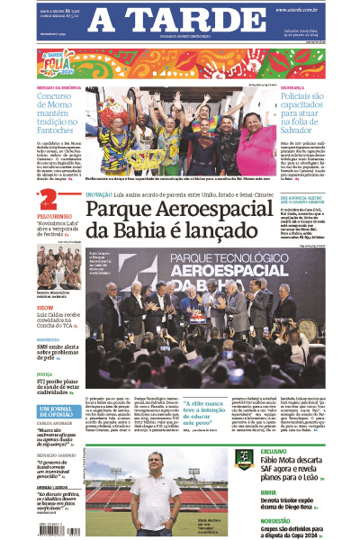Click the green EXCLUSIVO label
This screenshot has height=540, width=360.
[x=274, y=451]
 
